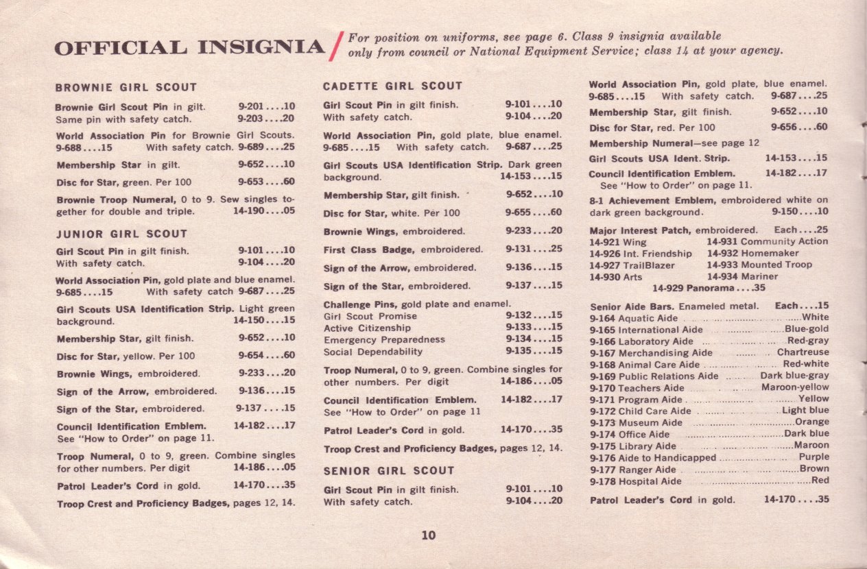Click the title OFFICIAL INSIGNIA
click(x=189, y=47)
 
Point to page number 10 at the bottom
click(x=429, y=535)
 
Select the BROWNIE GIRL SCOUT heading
click(x=126, y=88)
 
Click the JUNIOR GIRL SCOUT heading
click(x=121, y=234)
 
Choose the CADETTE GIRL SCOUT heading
click(x=393, y=86)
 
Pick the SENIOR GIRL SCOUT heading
click(x=389, y=471)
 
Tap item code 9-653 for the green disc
click(x=252, y=182)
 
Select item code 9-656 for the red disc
click(x=784, y=128)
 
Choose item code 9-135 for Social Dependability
click(x=519, y=352)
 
